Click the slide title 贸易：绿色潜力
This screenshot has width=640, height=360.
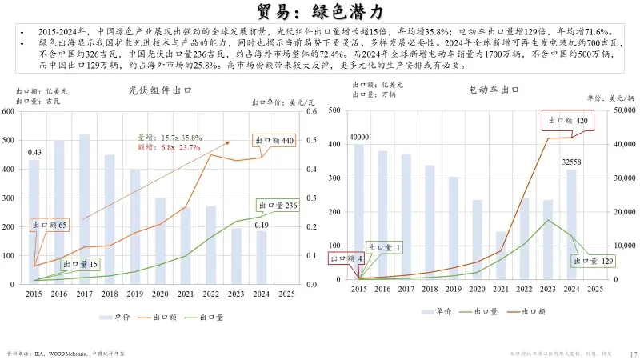pyautogui.click(x=320, y=11)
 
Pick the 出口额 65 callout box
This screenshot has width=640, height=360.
pyautogui.click(x=50, y=226)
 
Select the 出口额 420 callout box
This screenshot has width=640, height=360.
pyautogui.click(x=567, y=121)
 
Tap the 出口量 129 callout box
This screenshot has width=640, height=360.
pyautogui.click(x=593, y=261)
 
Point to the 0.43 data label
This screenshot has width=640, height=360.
pyautogui.click(x=34, y=152)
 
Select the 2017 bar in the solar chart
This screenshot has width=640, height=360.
pyautogui.click(x=84, y=207)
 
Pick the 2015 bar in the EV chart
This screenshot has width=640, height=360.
pyautogui.click(x=358, y=212)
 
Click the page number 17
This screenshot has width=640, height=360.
pyautogui.click(x=632, y=353)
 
